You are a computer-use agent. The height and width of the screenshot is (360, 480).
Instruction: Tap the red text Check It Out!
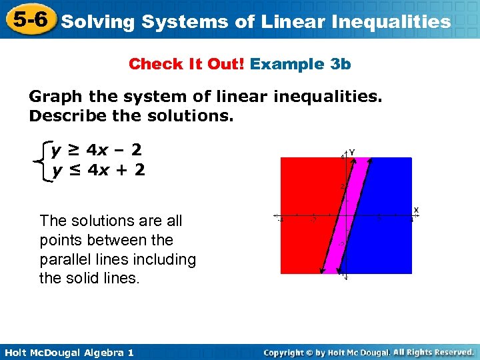[187, 64]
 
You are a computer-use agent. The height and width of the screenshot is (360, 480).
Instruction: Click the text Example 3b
[301, 64]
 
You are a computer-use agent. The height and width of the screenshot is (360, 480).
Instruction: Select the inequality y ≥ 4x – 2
[97, 150]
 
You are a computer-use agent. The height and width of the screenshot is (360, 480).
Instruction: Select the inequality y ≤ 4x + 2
[99, 170]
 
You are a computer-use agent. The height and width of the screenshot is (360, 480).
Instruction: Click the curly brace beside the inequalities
[44, 160]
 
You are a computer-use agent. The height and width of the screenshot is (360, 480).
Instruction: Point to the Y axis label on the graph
[352, 153]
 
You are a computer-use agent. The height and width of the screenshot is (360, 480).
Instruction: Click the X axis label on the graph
[416, 210]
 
